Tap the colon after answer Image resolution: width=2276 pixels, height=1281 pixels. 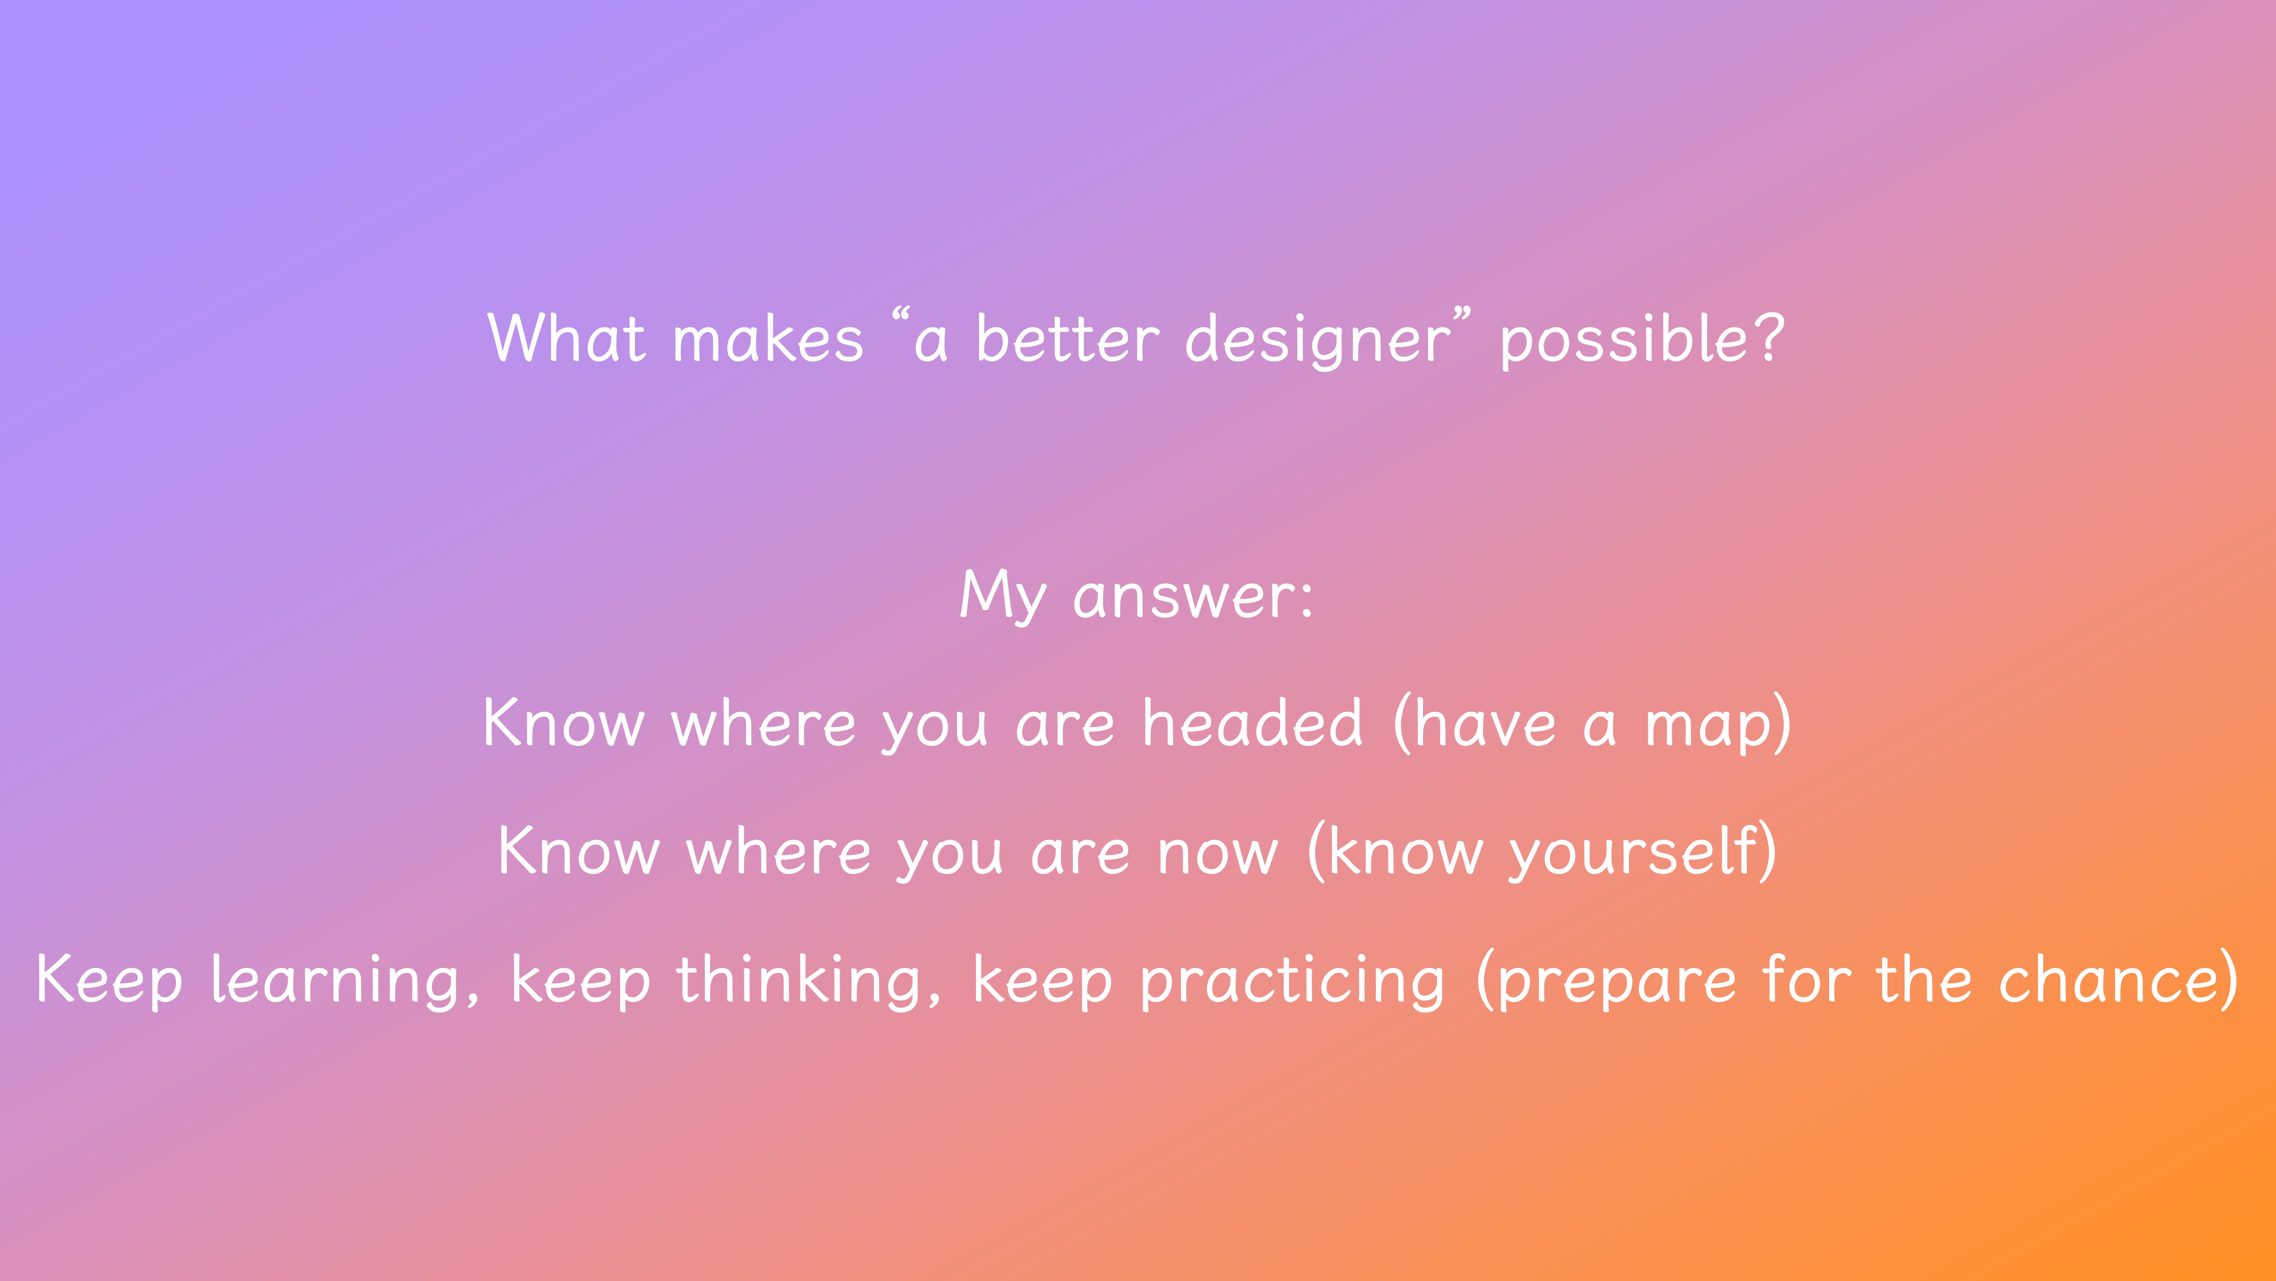coord(1307,598)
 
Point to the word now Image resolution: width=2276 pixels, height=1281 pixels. coord(1218,854)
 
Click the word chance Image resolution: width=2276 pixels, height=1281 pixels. coord(2107,980)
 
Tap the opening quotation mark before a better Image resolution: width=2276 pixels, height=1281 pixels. coord(901,314)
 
